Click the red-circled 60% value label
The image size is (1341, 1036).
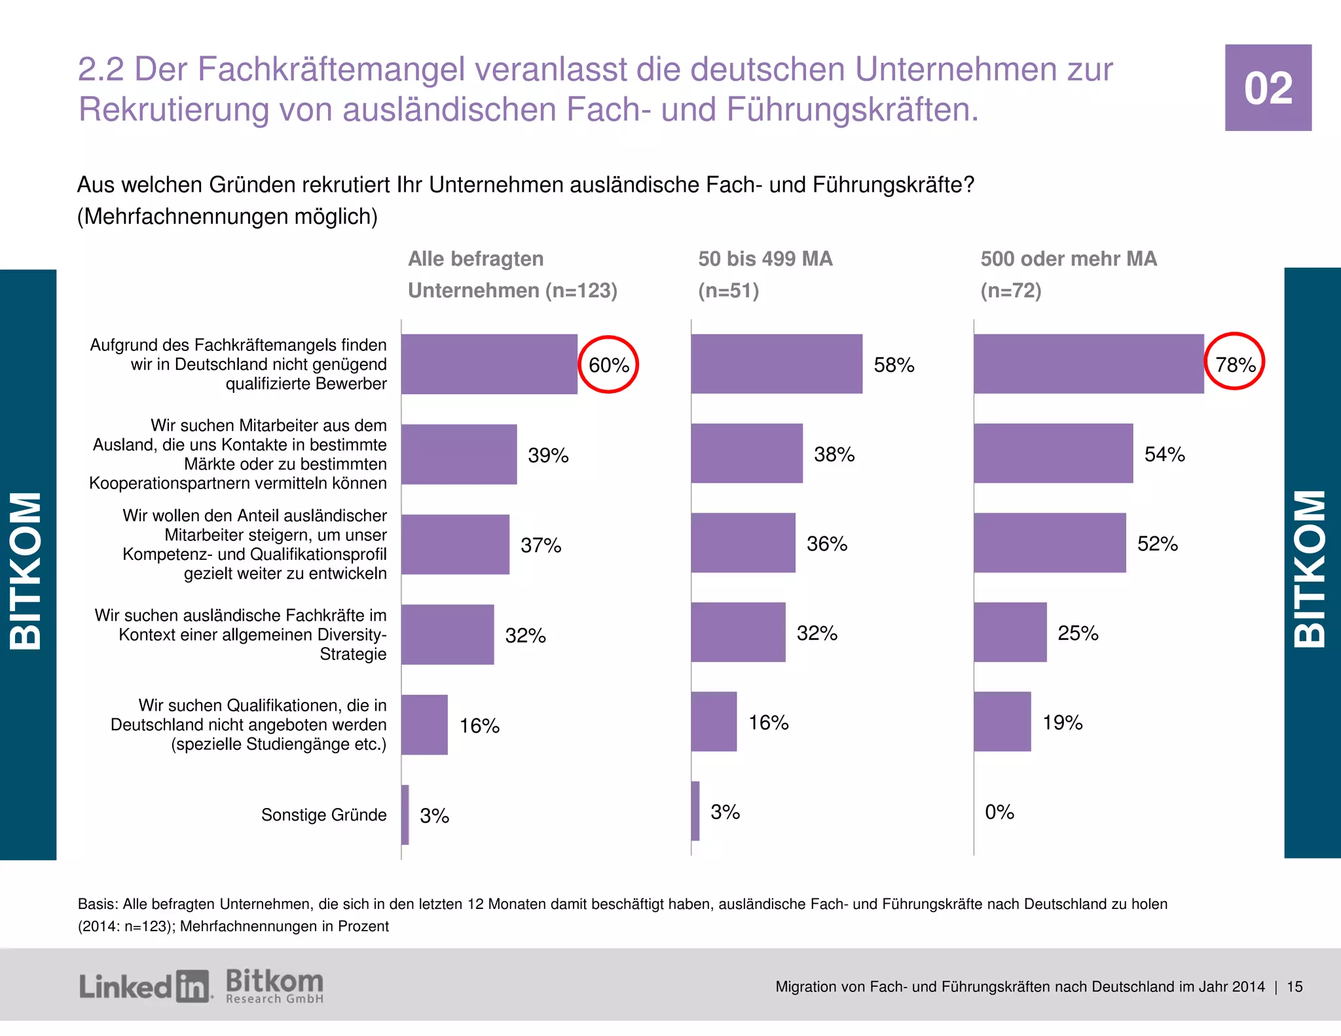pos(608,365)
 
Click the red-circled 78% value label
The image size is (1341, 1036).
pos(1235,364)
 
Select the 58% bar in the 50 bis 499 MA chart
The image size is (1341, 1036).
pos(777,364)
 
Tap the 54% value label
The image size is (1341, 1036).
pos(1164,454)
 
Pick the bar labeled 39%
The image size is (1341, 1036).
pos(459,454)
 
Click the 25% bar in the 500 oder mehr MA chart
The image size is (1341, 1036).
pos(1010,633)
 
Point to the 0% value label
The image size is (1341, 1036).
pos(999,812)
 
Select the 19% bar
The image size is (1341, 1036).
pos(1002,722)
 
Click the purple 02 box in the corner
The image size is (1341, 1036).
pos(1268,88)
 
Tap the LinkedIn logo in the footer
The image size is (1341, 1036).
pos(145,986)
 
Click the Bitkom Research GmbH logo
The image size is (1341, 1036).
pos(274,986)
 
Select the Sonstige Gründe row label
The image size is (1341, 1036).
pos(323,815)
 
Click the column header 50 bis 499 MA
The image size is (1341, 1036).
pos(765,259)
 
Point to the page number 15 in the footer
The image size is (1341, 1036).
pos(1295,987)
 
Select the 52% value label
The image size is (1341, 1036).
pos(1157,544)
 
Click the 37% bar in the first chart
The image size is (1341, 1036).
pos(455,544)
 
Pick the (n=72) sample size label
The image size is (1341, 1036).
pos(1010,290)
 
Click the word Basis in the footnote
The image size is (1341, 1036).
pos(97,904)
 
